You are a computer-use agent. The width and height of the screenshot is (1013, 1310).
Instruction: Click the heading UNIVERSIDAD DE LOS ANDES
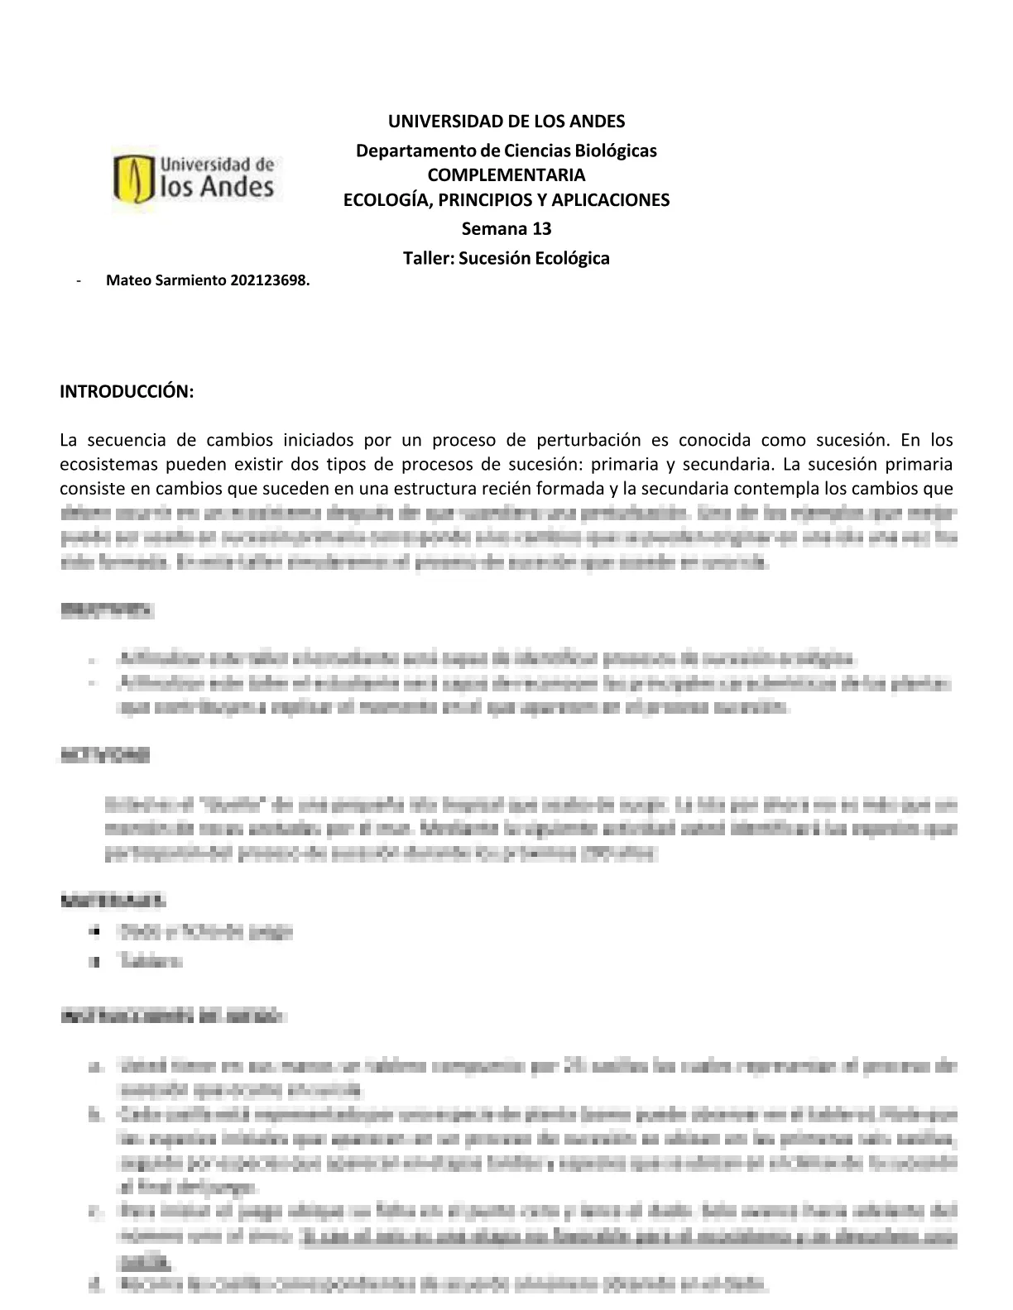coord(506,122)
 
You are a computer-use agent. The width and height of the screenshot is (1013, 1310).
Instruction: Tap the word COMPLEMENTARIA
coord(506,175)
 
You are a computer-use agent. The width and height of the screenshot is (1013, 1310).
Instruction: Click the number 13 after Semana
coord(541,228)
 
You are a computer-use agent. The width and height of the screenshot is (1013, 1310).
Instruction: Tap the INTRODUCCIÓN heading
coord(127,391)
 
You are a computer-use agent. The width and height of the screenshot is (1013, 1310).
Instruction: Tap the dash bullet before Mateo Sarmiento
coord(77,280)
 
